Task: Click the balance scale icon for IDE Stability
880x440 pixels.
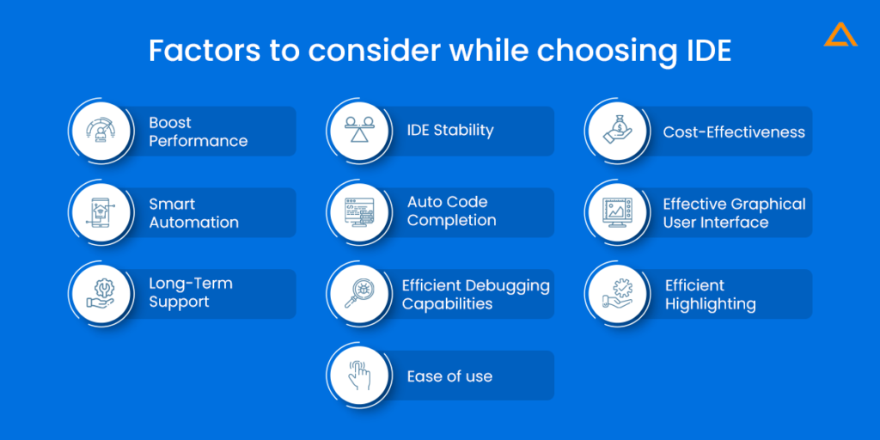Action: coord(358,131)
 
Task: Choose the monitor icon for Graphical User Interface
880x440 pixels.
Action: coord(617,212)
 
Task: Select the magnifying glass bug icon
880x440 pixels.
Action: coord(358,294)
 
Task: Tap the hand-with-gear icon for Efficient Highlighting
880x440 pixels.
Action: coord(617,294)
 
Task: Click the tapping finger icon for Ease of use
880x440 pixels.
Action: coord(358,375)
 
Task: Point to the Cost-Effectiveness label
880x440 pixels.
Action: coord(734,131)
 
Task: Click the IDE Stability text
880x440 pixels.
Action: coord(450,131)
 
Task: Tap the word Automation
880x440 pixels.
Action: coord(193,223)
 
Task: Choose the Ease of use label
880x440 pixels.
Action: coord(449,376)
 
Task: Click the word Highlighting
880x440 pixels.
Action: coord(710,304)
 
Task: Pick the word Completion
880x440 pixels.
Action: coord(452,221)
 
